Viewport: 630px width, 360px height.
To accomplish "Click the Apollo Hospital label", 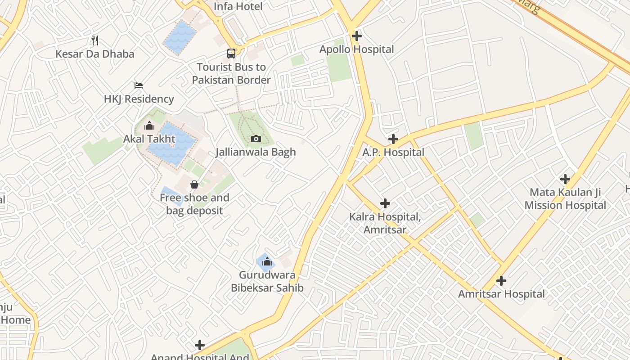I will click(356, 49).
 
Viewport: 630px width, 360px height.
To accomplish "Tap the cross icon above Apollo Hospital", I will click(357, 36).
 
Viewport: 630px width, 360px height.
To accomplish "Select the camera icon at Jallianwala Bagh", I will click(256, 139).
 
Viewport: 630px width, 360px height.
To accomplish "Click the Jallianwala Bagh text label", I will click(256, 152).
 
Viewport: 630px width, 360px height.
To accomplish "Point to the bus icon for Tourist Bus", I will click(231, 54).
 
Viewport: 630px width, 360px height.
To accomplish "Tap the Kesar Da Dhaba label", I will click(94, 54).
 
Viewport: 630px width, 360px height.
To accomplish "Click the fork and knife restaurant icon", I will click(94, 40).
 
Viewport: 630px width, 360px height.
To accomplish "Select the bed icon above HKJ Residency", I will click(139, 85).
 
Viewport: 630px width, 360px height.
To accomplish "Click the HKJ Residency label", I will click(139, 99).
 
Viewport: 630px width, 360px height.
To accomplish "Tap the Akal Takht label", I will click(149, 139).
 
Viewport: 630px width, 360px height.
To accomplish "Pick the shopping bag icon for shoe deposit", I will click(194, 184).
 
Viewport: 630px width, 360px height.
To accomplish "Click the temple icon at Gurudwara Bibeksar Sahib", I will click(267, 261).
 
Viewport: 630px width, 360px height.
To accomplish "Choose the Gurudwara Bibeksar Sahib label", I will click(267, 281).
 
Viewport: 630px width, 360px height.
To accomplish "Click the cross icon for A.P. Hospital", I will click(393, 139).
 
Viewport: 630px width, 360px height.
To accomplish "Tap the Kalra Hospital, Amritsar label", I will click(385, 223).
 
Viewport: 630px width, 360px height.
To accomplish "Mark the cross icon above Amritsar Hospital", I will click(501, 281).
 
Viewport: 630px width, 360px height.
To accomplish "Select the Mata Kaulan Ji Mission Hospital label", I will click(565, 199).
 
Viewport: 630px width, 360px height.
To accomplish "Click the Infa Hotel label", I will click(238, 6).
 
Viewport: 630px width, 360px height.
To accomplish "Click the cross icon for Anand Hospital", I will click(200, 345).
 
